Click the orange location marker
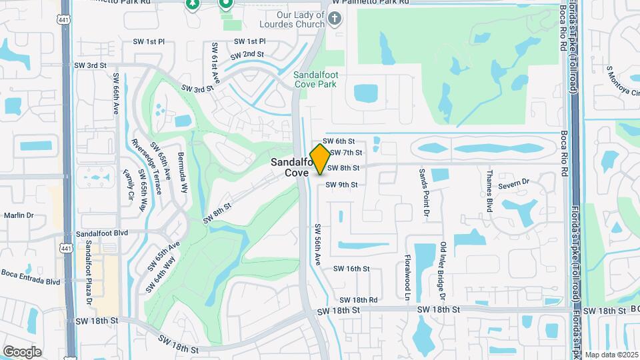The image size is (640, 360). [320, 159]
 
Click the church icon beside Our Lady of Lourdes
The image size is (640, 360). [335, 19]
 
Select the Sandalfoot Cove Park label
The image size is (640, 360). [315, 79]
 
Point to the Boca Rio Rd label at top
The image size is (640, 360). [564, 25]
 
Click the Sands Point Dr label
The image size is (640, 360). [423, 193]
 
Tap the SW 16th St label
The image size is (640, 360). [351, 269]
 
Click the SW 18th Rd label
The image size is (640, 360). [358, 301]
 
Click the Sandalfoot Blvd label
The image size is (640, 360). [101, 233]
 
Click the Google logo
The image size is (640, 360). [22, 351]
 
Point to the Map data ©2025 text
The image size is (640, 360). [611, 355]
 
